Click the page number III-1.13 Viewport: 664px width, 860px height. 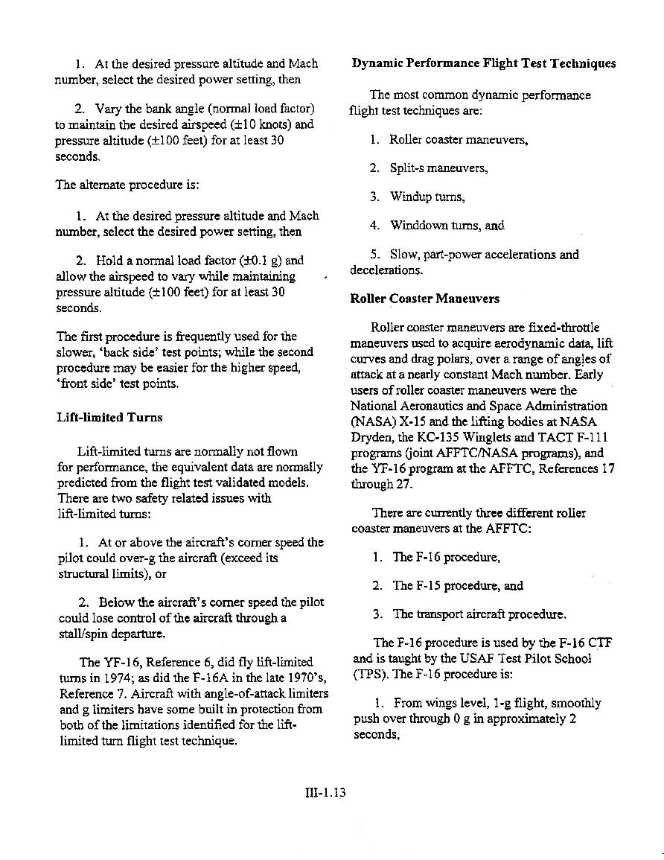pyautogui.click(x=326, y=793)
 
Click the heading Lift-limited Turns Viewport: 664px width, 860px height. pyautogui.click(x=109, y=418)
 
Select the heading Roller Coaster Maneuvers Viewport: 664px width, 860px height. pyautogui.click(x=425, y=299)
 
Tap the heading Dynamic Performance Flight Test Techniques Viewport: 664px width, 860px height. pyautogui.click(x=484, y=63)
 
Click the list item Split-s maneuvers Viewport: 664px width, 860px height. pyautogui.click(x=439, y=168)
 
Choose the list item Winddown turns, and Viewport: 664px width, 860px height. pyautogui.click(x=447, y=226)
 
